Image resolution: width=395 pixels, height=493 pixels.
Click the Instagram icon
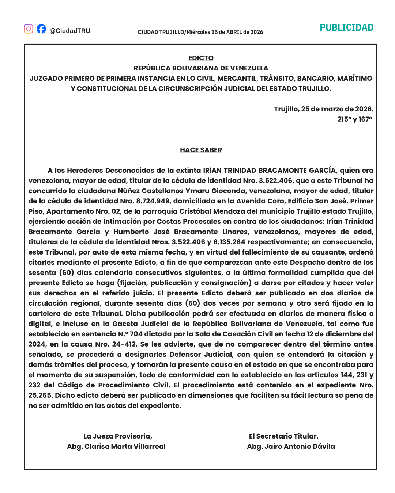click(x=29, y=29)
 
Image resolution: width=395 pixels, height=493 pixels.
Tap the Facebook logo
click(x=41, y=29)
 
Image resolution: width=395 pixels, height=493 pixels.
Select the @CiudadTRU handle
click(x=70, y=31)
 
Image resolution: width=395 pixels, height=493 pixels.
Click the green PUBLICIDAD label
click(x=346, y=28)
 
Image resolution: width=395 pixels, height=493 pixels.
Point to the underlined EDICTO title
click(x=201, y=58)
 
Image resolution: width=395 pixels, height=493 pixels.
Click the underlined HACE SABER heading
click(x=201, y=150)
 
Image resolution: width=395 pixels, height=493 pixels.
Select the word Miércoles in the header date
click(x=198, y=32)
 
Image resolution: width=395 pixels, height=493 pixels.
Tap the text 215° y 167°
click(x=354, y=119)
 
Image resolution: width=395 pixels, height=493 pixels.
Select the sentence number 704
click(x=136, y=334)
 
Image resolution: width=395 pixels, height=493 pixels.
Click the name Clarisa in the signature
click(x=97, y=447)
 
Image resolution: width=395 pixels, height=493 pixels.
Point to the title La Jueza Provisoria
click(x=117, y=436)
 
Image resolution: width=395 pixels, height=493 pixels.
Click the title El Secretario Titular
click(x=283, y=436)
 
